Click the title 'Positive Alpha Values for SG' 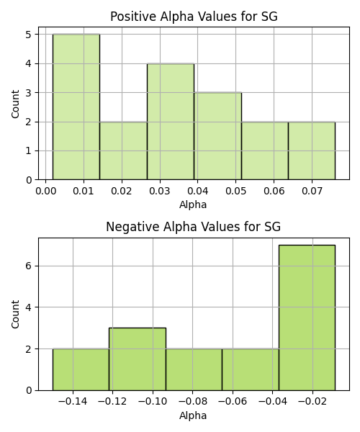click(x=194, y=17)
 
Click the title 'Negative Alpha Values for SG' click(x=194, y=227)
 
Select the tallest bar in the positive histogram click(x=76, y=107)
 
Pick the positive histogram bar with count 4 click(x=171, y=122)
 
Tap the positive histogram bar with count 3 click(x=218, y=136)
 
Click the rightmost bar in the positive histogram click(x=312, y=150)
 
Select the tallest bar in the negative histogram click(x=307, y=318)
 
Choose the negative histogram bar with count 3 click(x=138, y=359)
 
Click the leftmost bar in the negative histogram click(x=81, y=369)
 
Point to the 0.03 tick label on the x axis click(x=159, y=192)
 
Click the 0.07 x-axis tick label click(x=312, y=192)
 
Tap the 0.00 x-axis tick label click(x=46, y=192)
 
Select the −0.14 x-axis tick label click(x=73, y=402)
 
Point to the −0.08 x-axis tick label click(x=192, y=402)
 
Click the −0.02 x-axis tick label click(x=312, y=402)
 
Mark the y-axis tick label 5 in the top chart click(x=29, y=35)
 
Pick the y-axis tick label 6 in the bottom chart click(x=29, y=266)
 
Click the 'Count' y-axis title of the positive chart click(x=15, y=104)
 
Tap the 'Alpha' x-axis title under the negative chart click(x=193, y=415)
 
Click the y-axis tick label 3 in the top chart click(x=29, y=93)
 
